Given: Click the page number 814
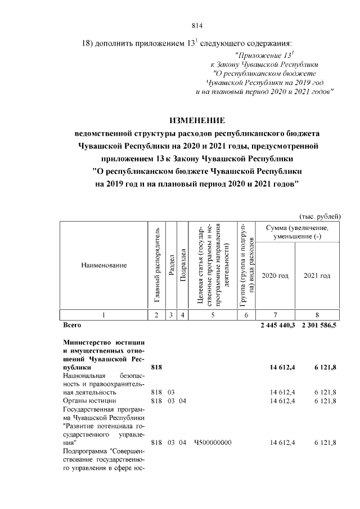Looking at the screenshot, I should (196, 25).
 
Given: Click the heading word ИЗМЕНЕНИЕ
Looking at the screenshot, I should (197, 120).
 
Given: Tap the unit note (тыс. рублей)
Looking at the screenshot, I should (318, 217).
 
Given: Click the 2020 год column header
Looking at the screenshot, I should (276, 276).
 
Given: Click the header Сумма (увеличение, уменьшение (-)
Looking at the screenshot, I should (297, 231).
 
